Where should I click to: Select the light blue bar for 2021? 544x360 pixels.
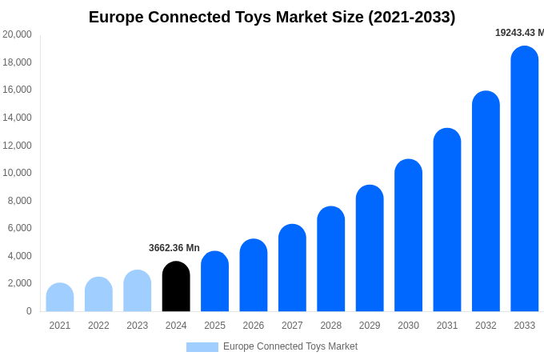pyautogui.click(x=60, y=298)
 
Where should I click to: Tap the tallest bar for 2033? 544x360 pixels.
pyautogui.click(x=525, y=179)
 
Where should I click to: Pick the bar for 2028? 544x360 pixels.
pyautogui.click(x=331, y=259)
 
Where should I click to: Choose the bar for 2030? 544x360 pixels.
pyautogui.click(x=408, y=235)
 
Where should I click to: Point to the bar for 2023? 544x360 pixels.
pyautogui.click(x=138, y=291)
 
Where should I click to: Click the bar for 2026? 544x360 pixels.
pyautogui.click(x=254, y=275)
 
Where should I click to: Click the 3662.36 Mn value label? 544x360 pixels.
pyautogui.click(x=174, y=248)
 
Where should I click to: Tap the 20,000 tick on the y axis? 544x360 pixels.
pyautogui.click(x=18, y=34)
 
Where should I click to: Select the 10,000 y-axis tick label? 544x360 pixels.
pyautogui.click(x=18, y=173)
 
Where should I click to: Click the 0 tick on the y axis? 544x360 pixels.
pyautogui.click(x=29, y=311)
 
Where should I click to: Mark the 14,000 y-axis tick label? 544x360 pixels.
pyautogui.click(x=18, y=118)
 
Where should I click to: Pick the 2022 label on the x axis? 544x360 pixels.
pyautogui.click(x=98, y=326)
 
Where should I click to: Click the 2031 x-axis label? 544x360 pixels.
pyautogui.click(x=447, y=326)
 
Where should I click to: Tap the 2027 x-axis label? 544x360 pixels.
pyautogui.click(x=292, y=326)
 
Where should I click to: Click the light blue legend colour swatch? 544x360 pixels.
pyautogui.click(x=202, y=347)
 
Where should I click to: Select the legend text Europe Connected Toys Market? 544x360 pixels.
pyautogui.click(x=290, y=346)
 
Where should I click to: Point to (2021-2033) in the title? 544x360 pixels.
pyautogui.click(x=411, y=17)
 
